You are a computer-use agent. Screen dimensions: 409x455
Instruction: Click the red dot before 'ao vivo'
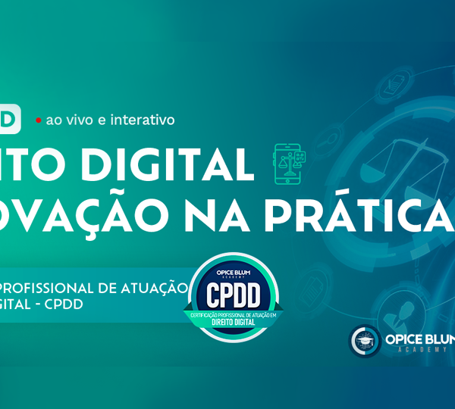pos(38,120)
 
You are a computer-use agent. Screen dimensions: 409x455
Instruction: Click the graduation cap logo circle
pos(365,342)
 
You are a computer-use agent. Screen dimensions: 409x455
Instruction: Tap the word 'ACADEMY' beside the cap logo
pos(420,351)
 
